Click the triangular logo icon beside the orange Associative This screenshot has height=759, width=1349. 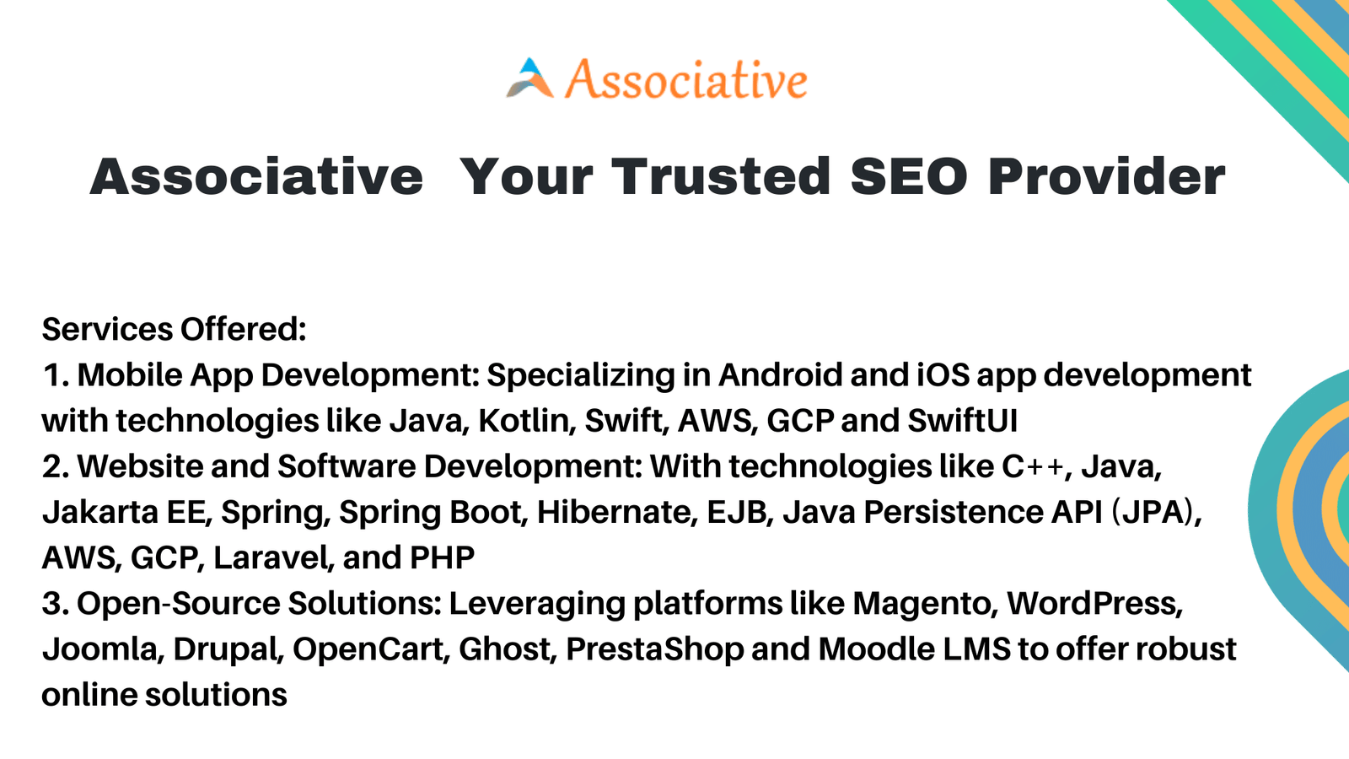pos(530,78)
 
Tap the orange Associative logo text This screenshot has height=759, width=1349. pos(686,79)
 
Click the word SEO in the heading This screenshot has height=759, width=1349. pos(910,176)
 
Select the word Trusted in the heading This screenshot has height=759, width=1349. pos(721,176)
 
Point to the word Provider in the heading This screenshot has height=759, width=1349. pos(1107,176)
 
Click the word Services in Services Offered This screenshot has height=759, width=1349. pos(107,330)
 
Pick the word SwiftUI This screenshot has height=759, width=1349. pos(962,421)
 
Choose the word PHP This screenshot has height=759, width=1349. pos(442,557)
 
